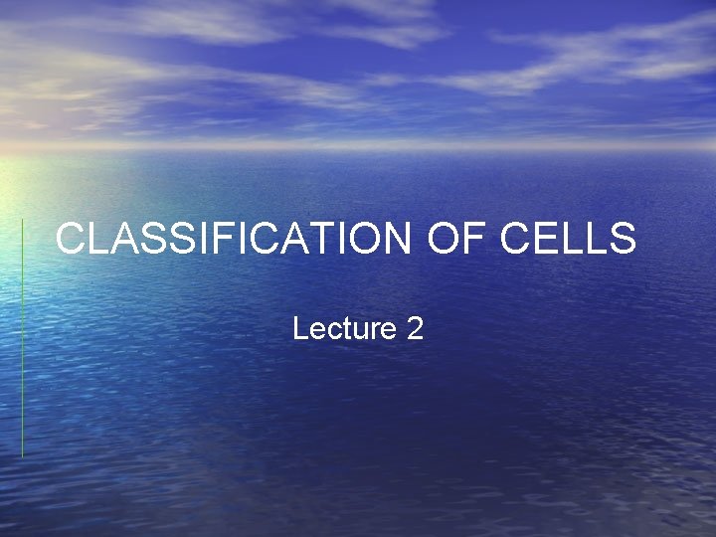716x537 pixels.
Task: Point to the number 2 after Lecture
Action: [x=415, y=328]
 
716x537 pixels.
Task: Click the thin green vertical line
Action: [x=22, y=338]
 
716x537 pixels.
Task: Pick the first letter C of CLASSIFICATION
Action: [x=72, y=240]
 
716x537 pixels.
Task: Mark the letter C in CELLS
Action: [x=515, y=240]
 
